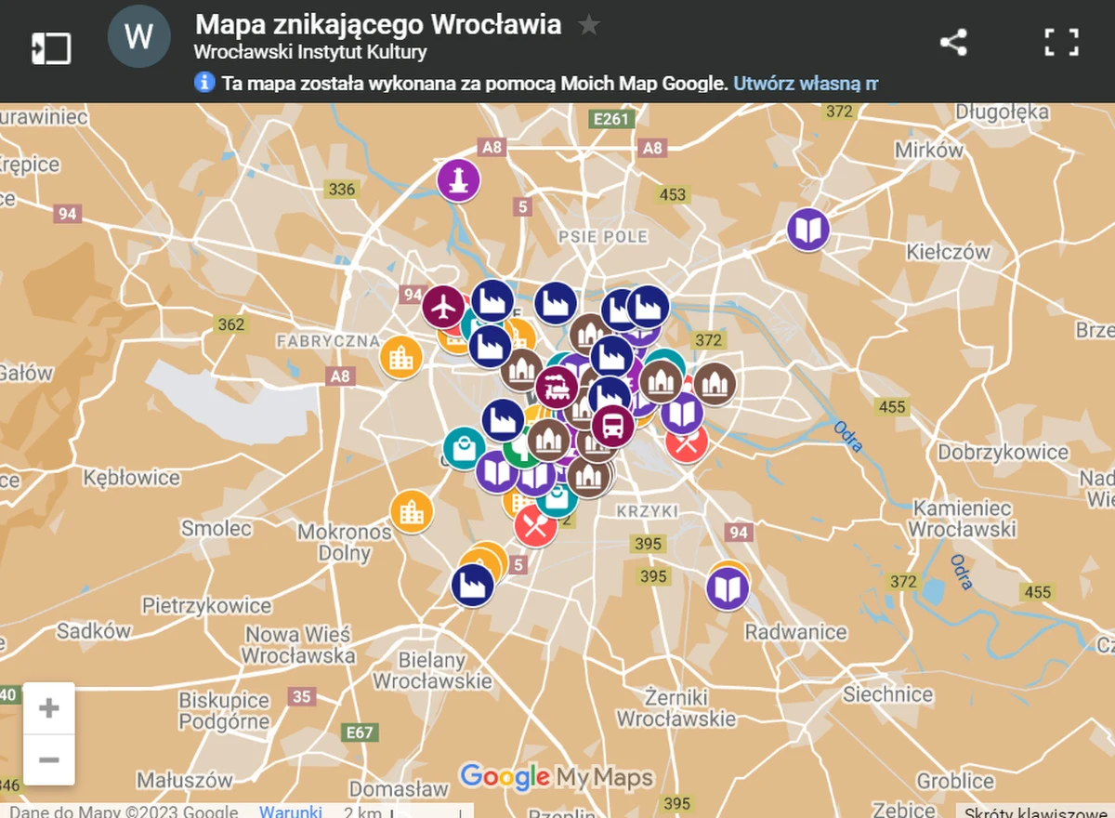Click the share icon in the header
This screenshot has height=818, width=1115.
point(953,43)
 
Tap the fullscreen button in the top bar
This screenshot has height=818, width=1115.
point(1061,43)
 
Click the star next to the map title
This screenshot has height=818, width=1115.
point(589,25)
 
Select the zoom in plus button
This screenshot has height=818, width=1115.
point(49,709)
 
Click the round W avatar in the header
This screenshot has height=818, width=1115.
point(138,37)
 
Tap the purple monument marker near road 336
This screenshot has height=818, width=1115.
point(458,180)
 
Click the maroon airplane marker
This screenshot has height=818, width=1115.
point(444,305)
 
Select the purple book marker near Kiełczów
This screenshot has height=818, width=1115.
point(808,230)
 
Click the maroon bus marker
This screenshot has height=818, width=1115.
point(613,427)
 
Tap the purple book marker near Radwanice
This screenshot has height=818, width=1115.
point(728,588)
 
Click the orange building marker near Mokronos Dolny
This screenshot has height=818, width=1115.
point(411,511)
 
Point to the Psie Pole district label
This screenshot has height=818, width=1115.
point(602,237)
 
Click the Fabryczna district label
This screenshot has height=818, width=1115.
point(328,342)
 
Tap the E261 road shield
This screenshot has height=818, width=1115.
point(613,118)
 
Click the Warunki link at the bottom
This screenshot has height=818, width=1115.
point(291,811)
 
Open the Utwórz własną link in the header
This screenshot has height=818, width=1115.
point(805,84)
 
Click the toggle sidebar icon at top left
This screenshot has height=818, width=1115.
point(51,48)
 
